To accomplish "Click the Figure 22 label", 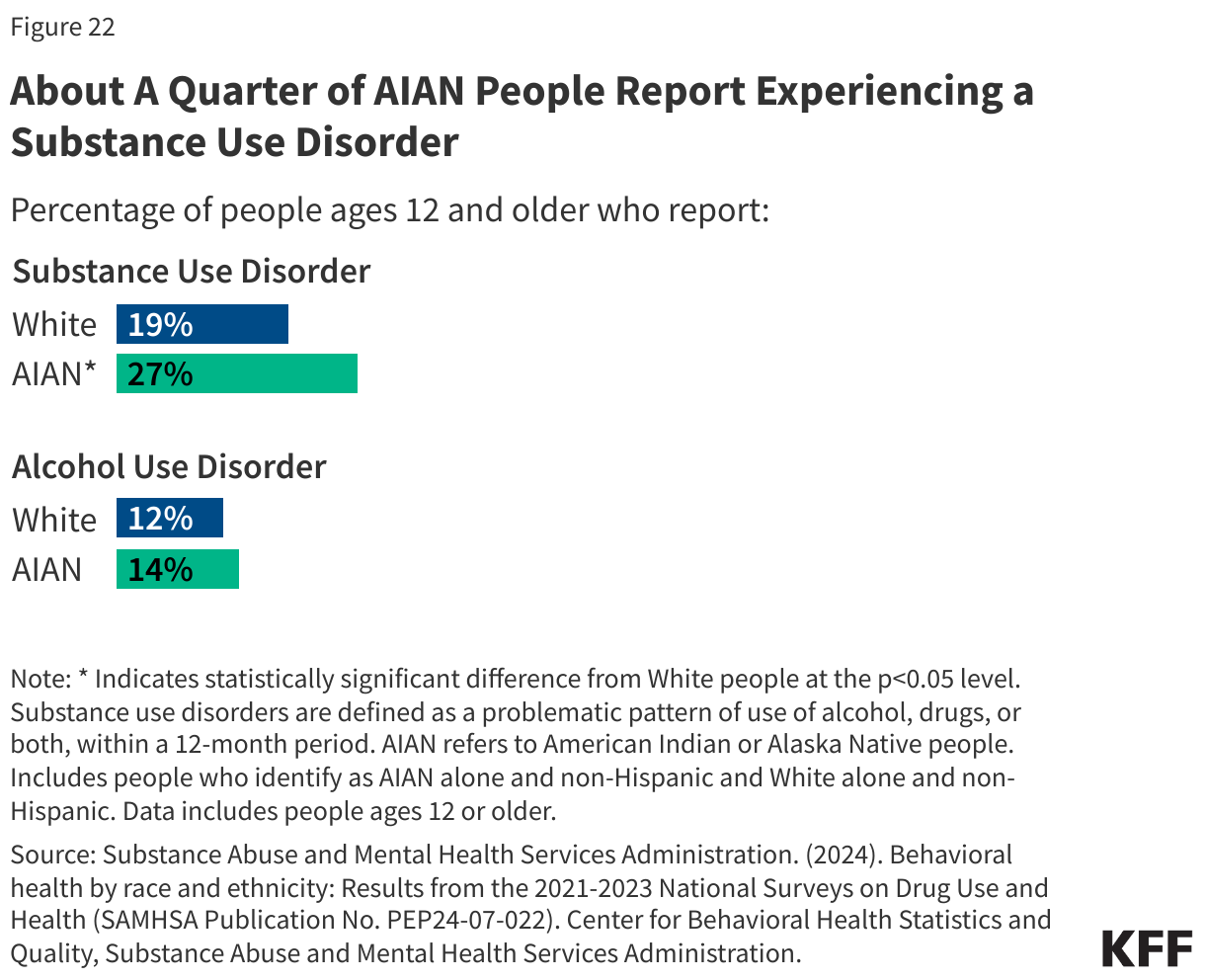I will [x=62, y=27].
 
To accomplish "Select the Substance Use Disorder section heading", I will [x=192, y=271].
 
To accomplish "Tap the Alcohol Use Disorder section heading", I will [x=169, y=466].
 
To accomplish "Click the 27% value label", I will [x=160, y=374].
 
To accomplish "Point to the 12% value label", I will [x=160, y=519].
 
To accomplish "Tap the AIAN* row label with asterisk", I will [x=55, y=374].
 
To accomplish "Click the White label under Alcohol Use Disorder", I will [x=54, y=520].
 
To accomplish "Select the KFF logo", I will [x=1147, y=948].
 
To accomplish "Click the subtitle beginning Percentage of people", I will [x=389, y=210].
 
